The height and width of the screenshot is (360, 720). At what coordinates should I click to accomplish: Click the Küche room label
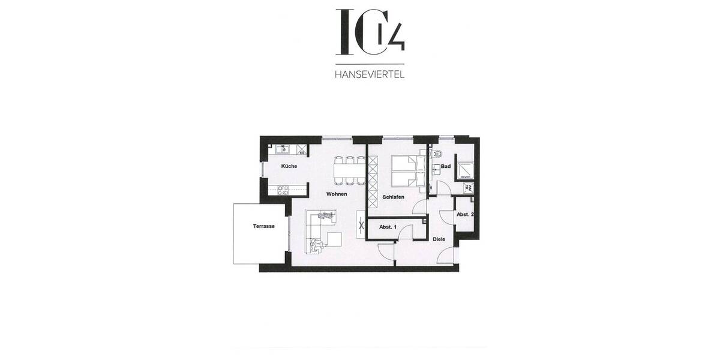click(289, 166)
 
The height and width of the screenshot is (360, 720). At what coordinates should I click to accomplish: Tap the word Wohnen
click(337, 194)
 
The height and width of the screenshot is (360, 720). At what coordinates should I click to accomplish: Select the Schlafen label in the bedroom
click(393, 197)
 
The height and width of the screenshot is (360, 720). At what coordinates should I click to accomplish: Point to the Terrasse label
click(263, 226)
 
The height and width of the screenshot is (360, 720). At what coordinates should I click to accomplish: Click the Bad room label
click(445, 166)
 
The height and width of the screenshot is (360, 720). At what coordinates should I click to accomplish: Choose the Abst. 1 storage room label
click(387, 227)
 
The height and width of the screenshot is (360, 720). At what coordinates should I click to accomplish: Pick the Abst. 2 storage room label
click(465, 214)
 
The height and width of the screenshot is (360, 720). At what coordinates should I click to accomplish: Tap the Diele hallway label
click(439, 239)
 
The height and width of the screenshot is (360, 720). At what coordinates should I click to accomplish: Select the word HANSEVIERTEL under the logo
click(370, 75)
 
